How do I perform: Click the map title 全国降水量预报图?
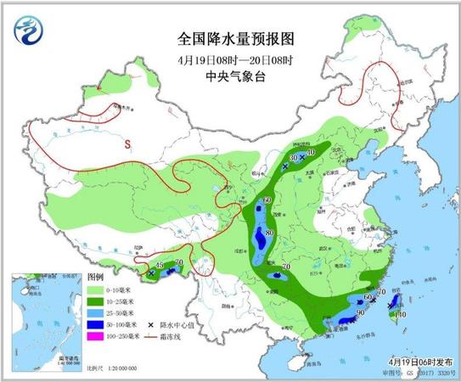229,39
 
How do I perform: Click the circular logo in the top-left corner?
31,31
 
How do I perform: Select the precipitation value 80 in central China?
271,233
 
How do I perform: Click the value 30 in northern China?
294,158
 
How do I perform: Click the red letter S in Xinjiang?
128,143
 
